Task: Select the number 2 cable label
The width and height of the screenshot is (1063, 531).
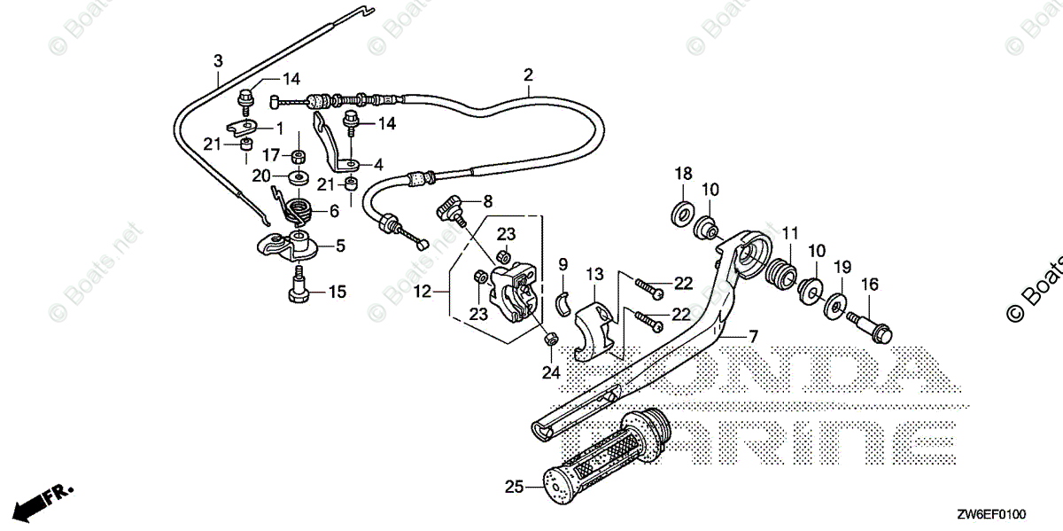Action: click(x=528, y=74)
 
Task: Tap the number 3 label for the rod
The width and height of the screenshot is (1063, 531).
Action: click(x=218, y=60)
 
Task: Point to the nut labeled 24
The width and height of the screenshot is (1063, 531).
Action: click(x=549, y=338)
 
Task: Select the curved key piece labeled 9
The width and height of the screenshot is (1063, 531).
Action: click(x=561, y=302)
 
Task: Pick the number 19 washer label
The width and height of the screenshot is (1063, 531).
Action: click(x=842, y=267)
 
